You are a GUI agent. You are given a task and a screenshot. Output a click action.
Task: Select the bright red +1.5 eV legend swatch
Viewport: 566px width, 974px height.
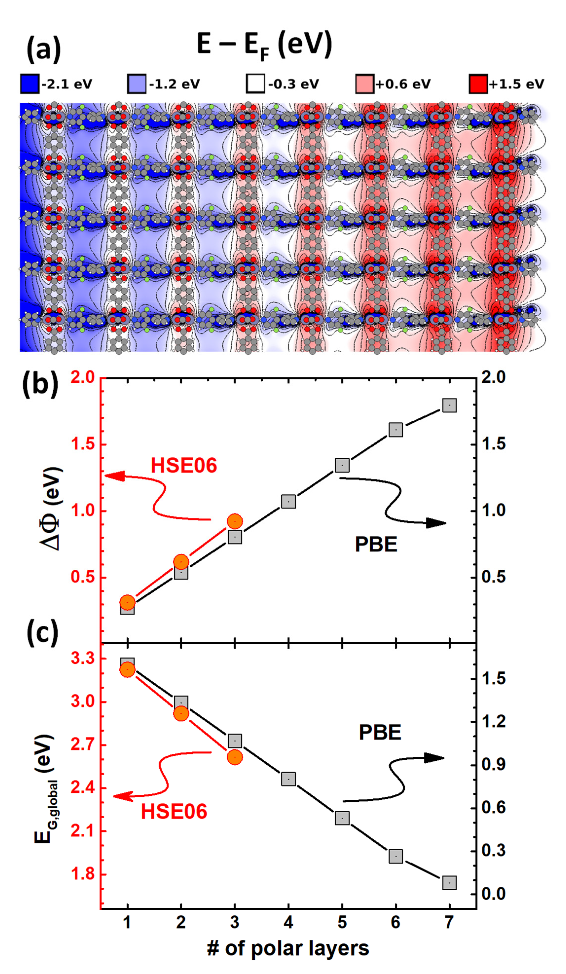pos(478,84)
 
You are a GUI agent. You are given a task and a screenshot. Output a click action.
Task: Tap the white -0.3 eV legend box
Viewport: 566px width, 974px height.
pos(255,84)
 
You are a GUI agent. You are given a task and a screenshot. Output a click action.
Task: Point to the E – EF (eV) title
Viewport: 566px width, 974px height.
pos(265,45)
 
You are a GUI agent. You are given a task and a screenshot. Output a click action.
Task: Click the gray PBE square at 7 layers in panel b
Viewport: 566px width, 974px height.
pos(449,405)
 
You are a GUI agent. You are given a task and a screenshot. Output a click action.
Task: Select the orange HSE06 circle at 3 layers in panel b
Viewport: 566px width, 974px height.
pos(235,521)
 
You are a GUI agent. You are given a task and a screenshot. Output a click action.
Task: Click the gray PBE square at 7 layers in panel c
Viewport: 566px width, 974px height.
pos(449,883)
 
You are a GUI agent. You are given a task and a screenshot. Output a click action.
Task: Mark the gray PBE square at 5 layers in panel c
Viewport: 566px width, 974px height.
pos(342,818)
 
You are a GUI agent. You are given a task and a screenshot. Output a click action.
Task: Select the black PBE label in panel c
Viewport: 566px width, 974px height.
pos(380,732)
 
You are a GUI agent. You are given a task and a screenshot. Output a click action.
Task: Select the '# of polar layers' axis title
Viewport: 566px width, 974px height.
pos(288,948)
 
